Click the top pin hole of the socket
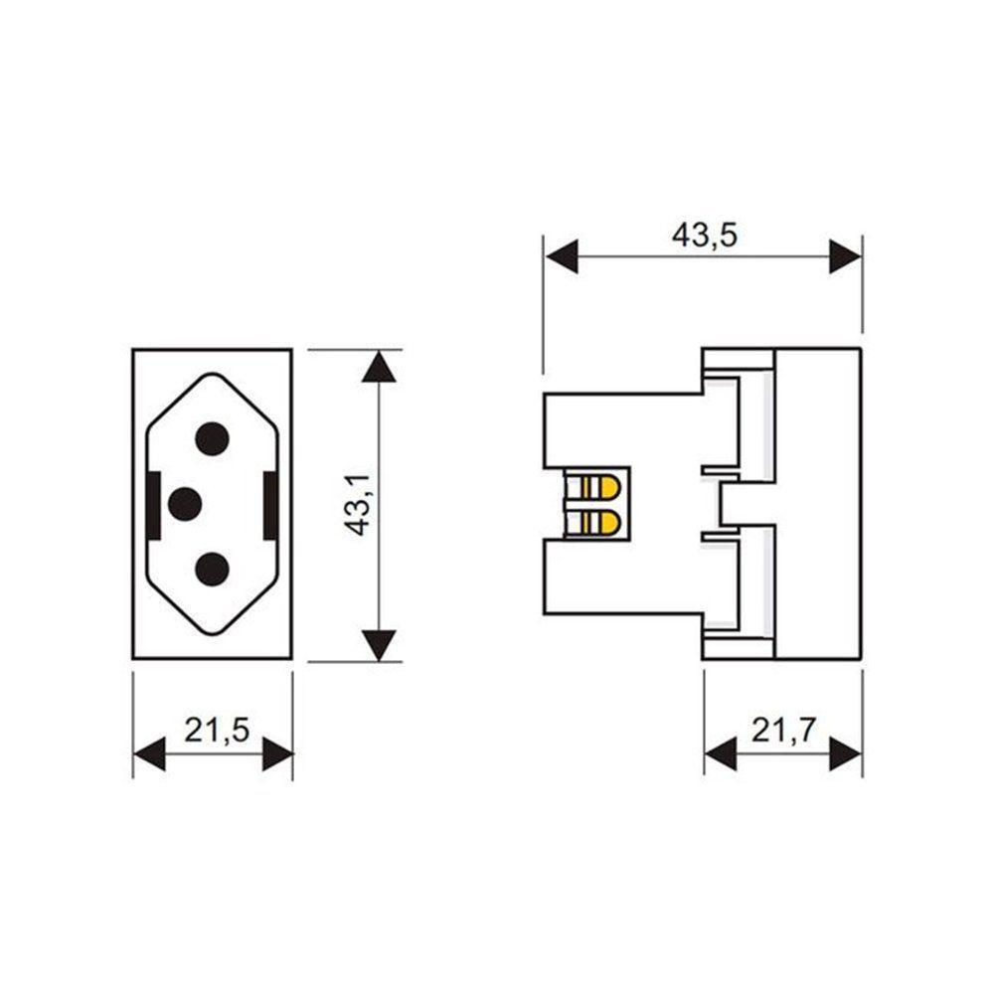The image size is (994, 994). (x=213, y=438)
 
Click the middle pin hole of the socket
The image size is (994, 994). (x=185, y=504)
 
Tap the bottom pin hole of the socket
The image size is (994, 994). (x=213, y=570)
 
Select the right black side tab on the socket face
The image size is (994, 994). (x=270, y=505)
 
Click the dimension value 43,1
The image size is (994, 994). (x=359, y=504)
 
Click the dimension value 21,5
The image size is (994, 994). (x=215, y=731)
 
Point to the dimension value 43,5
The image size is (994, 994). (x=704, y=235)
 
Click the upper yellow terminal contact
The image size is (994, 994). (x=599, y=488)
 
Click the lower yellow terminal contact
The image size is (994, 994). (x=599, y=521)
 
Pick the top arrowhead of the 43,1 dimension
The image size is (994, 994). (x=379, y=367)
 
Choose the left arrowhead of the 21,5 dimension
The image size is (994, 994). (x=148, y=754)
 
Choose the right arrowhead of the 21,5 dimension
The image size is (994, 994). (x=277, y=754)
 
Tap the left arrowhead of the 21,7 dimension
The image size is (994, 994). (x=720, y=754)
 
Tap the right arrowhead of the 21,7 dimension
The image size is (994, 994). (x=846, y=754)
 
